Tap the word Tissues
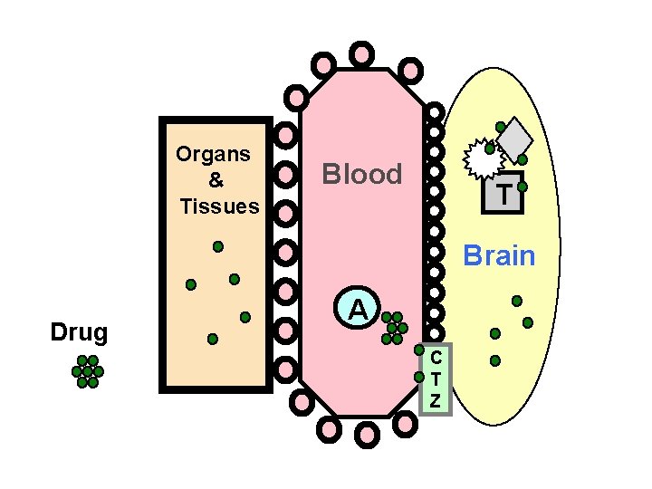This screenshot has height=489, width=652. [219, 206]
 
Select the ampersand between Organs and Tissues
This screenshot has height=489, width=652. [216, 180]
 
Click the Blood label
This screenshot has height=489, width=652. [362, 175]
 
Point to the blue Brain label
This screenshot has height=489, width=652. [499, 256]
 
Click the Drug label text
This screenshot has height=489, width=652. [79, 332]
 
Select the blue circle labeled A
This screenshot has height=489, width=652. [359, 310]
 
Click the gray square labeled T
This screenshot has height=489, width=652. [503, 193]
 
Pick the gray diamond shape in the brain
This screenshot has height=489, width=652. [515, 138]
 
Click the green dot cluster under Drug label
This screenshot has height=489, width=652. [88, 371]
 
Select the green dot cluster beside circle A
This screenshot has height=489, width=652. [394, 328]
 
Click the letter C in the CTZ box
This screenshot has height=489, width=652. [436, 359]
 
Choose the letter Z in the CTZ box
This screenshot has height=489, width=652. [436, 400]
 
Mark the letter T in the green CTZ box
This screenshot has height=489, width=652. [436, 379]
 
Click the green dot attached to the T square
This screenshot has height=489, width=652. [523, 187]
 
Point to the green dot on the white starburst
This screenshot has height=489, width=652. [490, 148]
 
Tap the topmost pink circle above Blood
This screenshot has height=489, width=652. [361, 53]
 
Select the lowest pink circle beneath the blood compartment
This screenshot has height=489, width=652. [367, 436]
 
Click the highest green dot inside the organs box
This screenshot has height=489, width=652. [218, 245]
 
